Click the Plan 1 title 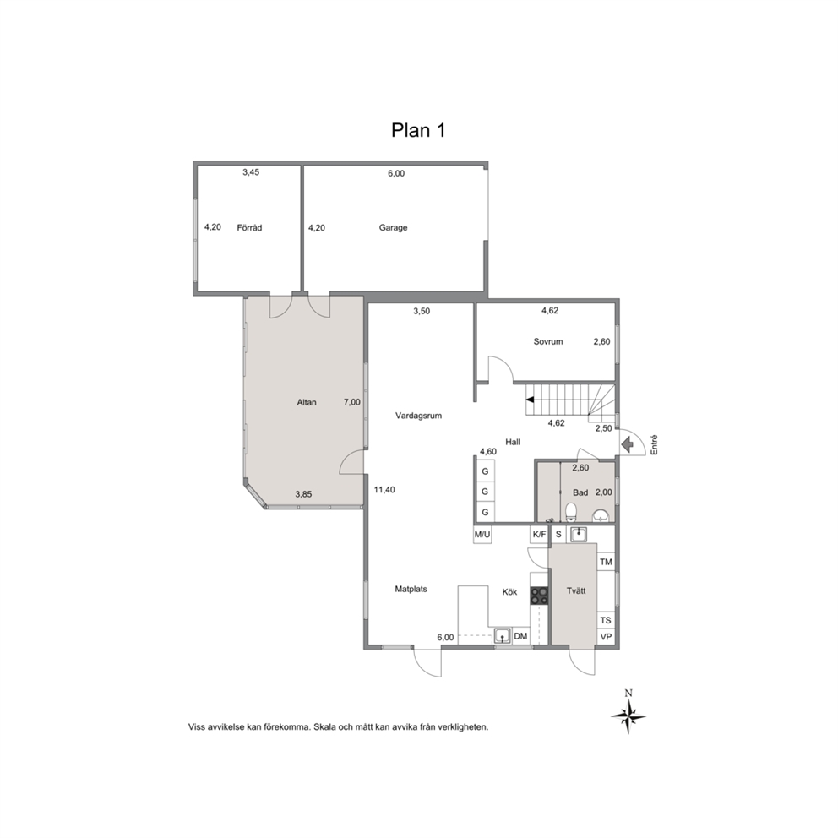(418, 130)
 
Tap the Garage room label (394, 228)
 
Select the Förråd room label (249, 228)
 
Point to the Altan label (307, 402)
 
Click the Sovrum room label (547, 341)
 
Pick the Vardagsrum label (418, 416)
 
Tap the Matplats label (411, 589)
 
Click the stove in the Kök (539, 596)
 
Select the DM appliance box (520, 636)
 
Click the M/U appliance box (482, 534)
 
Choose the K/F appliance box (539, 534)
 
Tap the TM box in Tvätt (606, 562)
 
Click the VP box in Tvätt (606, 637)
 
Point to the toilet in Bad (571, 511)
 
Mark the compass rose (628, 716)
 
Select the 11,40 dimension (384, 490)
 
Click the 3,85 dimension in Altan (303, 494)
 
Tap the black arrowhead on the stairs (530, 400)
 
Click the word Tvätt (576, 590)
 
